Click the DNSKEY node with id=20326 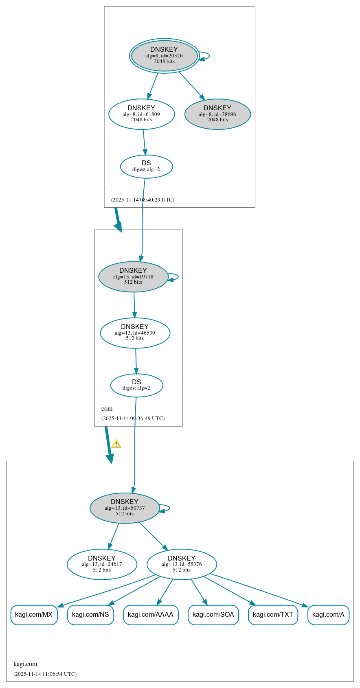coord(164,56)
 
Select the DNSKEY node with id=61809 coord(141,114)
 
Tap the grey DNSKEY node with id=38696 coord(217,114)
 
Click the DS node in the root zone coord(146,166)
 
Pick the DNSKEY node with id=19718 coord(133,276)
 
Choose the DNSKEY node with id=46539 coord(135,333)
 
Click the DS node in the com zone coord(136,385)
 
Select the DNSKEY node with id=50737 coord(125,508)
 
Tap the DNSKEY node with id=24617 coord(102,564)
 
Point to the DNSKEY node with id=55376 coord(182,564)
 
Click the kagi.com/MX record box coord(34,614)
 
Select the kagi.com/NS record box coord(90,614)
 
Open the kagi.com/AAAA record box coord(151,614)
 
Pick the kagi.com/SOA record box coord(213,614)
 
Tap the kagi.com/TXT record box coord(273,614)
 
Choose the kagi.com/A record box coord(328,614)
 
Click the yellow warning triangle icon coord(116,444)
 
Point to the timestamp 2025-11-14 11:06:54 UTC coord(45,674)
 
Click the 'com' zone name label coord(107,408)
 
